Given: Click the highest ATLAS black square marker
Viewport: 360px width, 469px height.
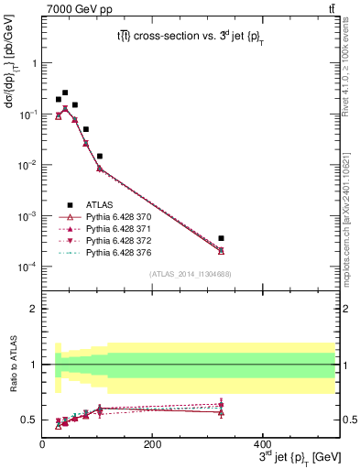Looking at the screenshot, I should (x=65, y=93).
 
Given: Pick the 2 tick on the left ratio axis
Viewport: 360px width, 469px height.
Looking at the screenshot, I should (x=34, y=309).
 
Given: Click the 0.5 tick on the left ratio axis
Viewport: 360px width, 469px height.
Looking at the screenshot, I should (x=31, y=420).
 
